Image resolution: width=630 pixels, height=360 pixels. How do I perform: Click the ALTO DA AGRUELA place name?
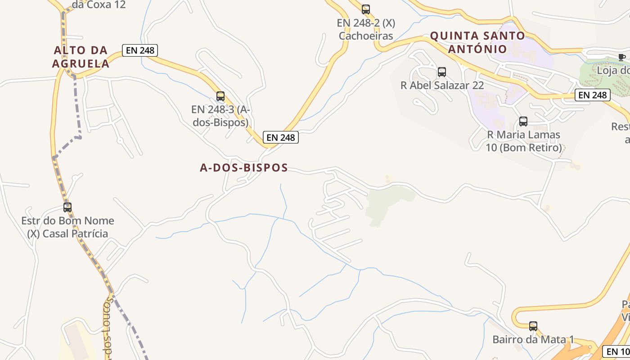[81, 57]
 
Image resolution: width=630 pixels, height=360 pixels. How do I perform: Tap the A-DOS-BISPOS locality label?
[244, 168]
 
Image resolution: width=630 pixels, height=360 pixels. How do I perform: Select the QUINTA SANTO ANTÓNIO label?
[477, 42]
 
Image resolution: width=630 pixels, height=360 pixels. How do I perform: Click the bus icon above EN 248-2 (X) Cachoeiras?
[366, 9]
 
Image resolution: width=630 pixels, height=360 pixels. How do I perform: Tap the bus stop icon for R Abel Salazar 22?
[442, 72]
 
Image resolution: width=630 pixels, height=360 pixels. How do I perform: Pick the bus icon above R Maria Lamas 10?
[523, 121]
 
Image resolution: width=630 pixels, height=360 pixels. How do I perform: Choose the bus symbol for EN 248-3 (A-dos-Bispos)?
[220, 96]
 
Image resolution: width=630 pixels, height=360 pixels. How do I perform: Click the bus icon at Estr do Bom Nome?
[67, 207]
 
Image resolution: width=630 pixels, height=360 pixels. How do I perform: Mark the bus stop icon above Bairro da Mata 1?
[533, 326]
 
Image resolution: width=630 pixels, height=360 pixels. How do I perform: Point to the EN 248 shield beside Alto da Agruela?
[140, 50]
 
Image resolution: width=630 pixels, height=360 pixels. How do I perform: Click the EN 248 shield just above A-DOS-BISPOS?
[281, 138]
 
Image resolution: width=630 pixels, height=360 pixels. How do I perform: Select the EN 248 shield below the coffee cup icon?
[593, 95]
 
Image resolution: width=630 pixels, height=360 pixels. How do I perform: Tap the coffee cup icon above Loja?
[622, 57]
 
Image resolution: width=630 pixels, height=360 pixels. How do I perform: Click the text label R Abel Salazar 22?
[442, 85]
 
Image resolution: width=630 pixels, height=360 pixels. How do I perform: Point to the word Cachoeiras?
[366, 36]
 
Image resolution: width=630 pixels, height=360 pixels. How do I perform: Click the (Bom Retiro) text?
[524, 148]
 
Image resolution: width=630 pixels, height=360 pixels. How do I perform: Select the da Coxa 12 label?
[99, 5]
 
